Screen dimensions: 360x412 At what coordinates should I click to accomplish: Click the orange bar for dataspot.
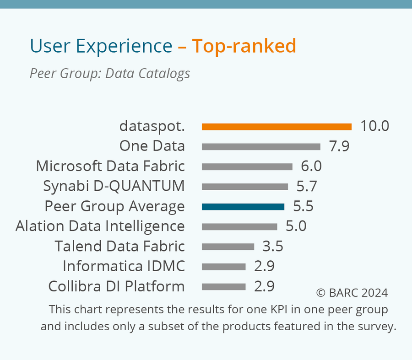click(x=276, y=127)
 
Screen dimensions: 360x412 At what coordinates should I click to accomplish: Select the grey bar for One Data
click(x=261, y=147)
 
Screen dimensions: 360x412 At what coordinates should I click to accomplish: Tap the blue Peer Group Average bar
click(x=243, y=207)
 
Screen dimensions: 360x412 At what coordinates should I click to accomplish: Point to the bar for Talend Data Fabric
click(x=228, y=247)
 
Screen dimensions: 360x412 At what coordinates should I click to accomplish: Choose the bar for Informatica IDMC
click(x=224, y=267)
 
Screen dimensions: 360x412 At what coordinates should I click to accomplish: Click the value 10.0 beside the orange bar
click(x=374, y=126)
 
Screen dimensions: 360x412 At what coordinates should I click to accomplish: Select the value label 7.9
click(x=339, y=146)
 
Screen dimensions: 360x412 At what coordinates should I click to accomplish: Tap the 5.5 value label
click(x=303, y=206)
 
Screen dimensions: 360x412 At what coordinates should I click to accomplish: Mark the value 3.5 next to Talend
click(x=273, y=247)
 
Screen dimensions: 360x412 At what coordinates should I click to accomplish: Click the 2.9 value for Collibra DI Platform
click(x=264, y=287)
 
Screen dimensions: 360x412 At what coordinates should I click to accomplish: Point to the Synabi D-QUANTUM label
click(x=114, y=186)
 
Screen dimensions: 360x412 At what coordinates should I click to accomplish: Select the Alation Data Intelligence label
click(x=100, y=226)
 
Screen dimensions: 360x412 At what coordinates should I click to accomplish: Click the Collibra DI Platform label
click(x=116, y=287)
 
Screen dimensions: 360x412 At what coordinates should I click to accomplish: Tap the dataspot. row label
click(x=152, y=126)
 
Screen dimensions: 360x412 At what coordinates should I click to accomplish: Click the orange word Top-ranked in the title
click(x=244, y=46)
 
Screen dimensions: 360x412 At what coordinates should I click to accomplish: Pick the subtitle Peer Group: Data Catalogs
click(x=110, y=74)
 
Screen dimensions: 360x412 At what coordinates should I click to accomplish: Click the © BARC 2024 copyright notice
click(x=352, y=293)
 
